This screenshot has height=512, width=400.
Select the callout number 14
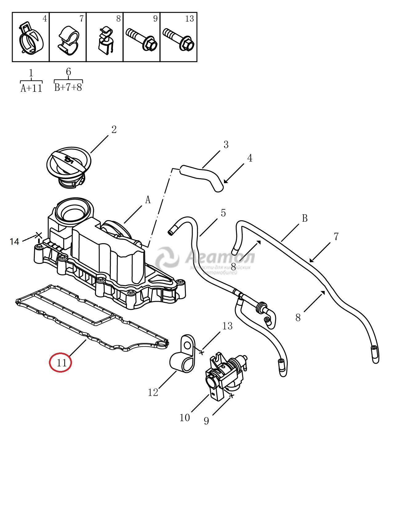14,242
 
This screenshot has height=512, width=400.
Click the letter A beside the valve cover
148,200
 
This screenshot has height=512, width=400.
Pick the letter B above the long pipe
305,218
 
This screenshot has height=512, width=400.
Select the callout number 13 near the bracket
227,326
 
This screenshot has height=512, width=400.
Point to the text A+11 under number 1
31,88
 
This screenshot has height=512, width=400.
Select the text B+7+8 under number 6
68,87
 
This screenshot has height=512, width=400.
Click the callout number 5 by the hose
223,213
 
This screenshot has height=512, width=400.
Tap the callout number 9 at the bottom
206,421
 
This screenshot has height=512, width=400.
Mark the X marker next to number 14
38,236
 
